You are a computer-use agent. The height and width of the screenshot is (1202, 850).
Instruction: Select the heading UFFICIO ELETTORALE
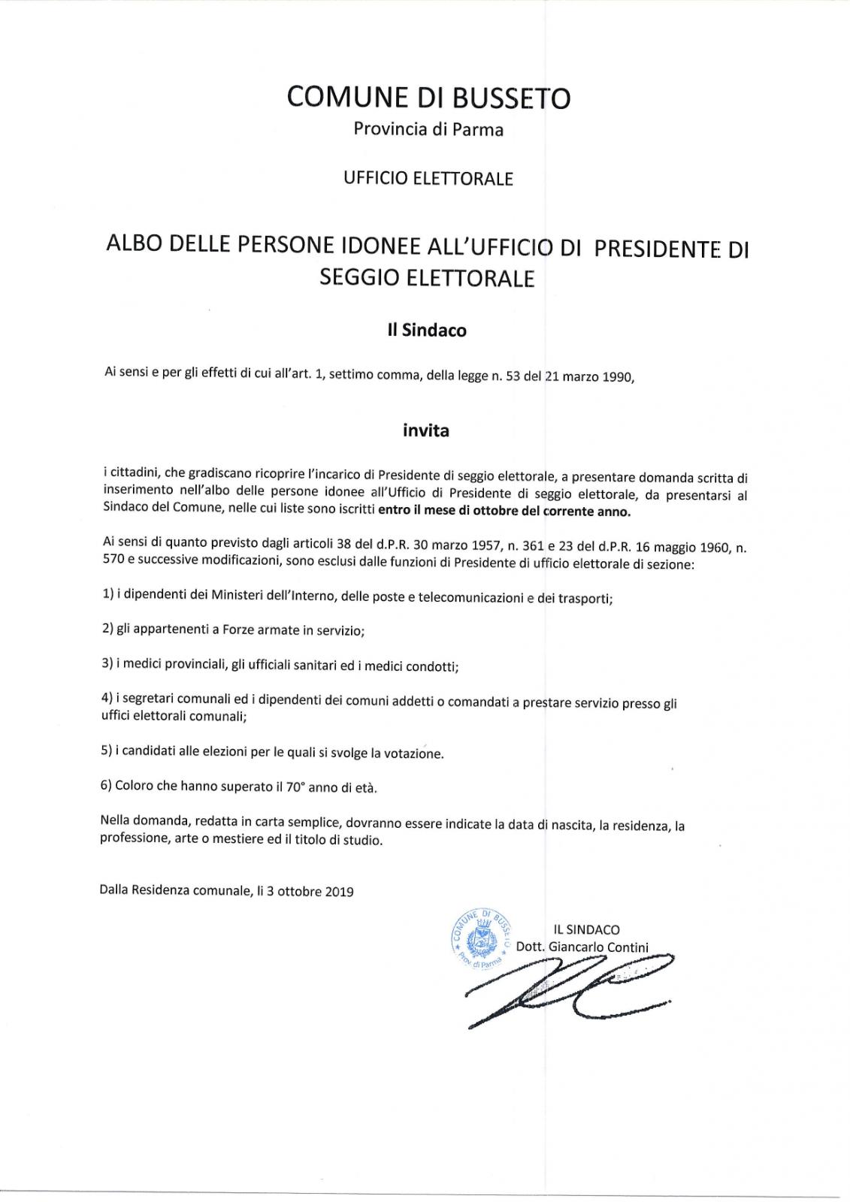click(x=428, y=179)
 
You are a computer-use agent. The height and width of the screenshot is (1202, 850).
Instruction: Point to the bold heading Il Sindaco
click(x=427, y=331)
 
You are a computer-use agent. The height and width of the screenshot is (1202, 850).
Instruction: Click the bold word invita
click(x=426, y=431)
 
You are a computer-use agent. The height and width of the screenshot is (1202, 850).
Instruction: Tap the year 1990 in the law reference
click(x=617, y=377)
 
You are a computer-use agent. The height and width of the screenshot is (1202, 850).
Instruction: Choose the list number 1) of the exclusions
click(x=107, y=594)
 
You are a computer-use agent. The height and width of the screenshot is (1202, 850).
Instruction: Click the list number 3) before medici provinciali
click(x=107, y=666)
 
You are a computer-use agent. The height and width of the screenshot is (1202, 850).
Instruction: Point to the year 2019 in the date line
click(x=340, y=892)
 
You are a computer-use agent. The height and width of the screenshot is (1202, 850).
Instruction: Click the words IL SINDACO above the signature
click(x=586, y=929)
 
